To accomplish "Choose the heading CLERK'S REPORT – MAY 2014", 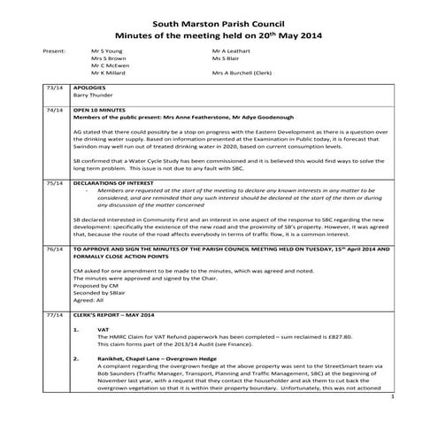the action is click(110, 315).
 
